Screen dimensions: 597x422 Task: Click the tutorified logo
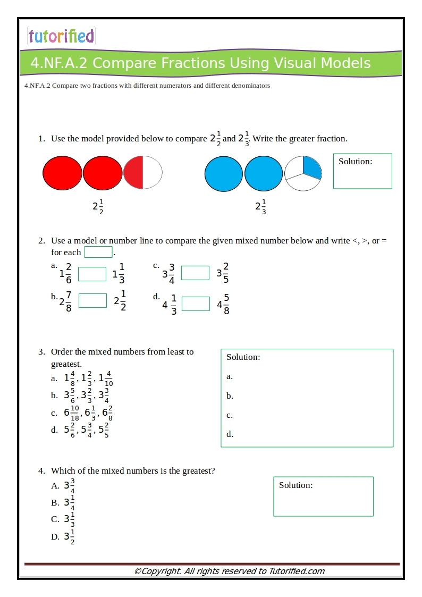click(61, 36)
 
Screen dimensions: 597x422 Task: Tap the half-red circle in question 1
click(142, 172)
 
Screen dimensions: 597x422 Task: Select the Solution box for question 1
click(362, 171)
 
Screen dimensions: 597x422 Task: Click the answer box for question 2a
click(92, 274)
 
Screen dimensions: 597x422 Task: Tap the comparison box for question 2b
click(92, 300)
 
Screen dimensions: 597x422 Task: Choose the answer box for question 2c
click(195, 273)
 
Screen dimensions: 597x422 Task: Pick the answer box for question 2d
click(196, 304)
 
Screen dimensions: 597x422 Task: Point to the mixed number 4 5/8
click(223, 304)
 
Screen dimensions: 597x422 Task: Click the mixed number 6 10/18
click(72, 413)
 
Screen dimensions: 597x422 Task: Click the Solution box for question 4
click(323, 496)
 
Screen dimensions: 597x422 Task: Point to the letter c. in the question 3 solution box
click(230, 415)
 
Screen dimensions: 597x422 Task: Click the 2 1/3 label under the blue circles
click(260, 207)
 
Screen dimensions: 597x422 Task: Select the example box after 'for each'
click(98, 252)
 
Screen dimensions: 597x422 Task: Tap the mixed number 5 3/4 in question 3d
click(86, 430)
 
